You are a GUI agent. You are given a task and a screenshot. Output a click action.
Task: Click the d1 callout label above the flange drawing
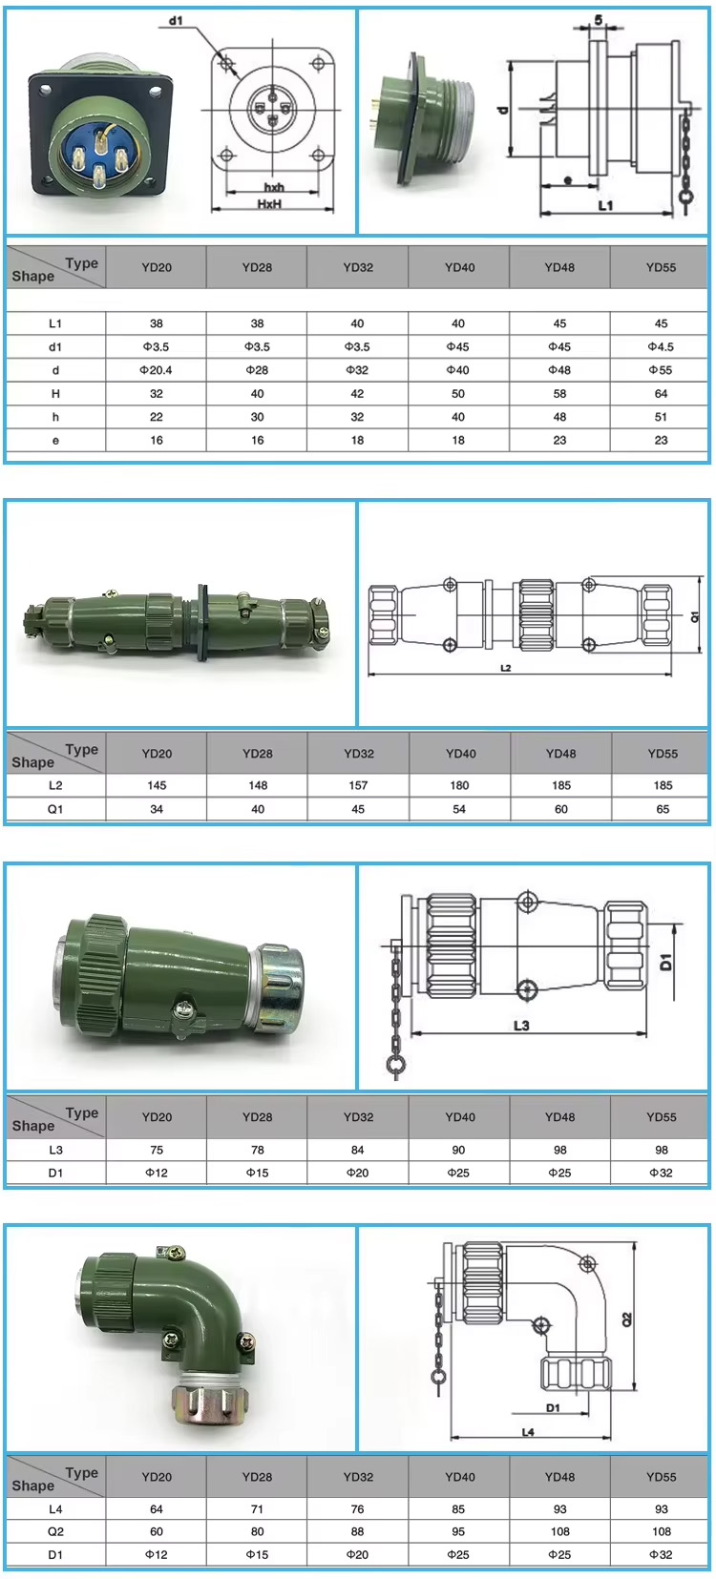[176, 20]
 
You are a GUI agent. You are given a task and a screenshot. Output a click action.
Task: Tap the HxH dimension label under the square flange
[270, 204]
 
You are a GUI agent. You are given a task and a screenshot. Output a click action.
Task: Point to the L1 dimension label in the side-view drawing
[605, 206]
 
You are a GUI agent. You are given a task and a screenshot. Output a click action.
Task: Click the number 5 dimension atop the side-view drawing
[599, 20]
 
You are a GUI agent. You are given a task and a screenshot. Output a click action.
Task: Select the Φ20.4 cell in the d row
[157, 370]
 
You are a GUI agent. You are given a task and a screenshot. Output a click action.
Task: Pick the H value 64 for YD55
[661, 393]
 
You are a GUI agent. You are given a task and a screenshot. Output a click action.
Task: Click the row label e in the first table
[55, 440]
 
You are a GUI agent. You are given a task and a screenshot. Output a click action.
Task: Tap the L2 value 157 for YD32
[358, 785]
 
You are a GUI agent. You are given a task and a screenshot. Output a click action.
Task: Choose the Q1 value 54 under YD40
[459, 809]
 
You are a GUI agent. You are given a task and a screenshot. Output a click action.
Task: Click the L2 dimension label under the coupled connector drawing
[506, 668]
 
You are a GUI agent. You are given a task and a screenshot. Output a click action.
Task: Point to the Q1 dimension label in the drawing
[696, 616]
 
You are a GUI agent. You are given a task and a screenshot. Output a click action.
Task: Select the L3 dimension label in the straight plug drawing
[521, 1026]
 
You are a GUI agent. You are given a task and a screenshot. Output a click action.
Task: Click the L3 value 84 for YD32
[358, 1150]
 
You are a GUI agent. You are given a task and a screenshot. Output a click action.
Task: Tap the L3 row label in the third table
[55, 1150]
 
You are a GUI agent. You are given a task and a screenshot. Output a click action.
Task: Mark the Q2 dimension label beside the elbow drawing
[627, 1319]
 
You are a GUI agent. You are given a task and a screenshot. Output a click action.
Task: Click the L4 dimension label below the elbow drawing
[528, 1432]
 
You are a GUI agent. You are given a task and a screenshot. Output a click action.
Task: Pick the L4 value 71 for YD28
[257, 1509]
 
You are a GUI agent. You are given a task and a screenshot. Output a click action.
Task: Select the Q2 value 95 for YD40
[459, 1532]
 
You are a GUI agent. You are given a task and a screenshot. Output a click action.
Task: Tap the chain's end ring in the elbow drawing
[438, 1377]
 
